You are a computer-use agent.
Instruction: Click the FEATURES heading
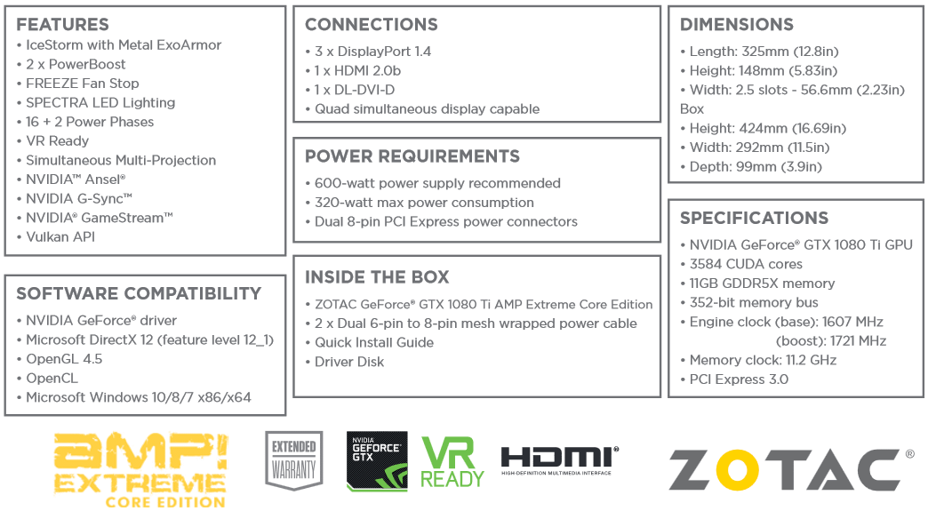click(62, 24)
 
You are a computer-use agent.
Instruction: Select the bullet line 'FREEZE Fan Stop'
click(82, 84)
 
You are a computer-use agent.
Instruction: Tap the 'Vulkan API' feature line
click(60, 237)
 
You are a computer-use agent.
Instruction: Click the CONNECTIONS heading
click(372, 25)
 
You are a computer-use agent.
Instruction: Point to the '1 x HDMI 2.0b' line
click(357, 71)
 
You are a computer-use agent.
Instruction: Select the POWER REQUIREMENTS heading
click(412, 156)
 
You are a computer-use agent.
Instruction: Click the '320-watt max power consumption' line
click(424, 203)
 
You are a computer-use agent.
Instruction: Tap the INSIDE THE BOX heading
click(377, 277)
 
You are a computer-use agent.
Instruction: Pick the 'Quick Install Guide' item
click(374, 343)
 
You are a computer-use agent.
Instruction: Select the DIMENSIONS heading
click(737, 25)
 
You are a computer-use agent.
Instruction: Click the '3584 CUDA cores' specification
click(746, 264)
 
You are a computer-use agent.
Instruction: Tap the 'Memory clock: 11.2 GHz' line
click(763, 361)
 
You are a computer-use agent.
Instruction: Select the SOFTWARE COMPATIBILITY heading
click(139, 293)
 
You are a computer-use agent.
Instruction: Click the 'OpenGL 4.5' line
click(64, 359)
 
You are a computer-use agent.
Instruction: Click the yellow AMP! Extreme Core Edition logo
click(140, 469)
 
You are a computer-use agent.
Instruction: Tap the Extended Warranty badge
click(294, 460)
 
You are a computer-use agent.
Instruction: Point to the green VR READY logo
click(452, 462)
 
